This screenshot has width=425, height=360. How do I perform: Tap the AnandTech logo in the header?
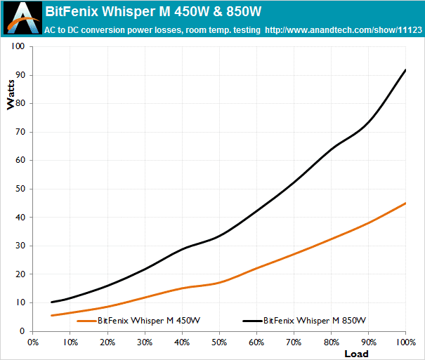(x=20, y=18)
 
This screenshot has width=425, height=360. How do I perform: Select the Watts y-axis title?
(x=10, y=98)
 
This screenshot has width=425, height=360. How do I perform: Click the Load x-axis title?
(x=355, y=353)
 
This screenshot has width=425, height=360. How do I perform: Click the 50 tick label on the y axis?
(x=20, y=189)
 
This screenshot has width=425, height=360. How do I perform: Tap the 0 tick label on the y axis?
(x=22, y=331)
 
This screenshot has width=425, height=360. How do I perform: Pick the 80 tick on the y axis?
(x=20, y=103)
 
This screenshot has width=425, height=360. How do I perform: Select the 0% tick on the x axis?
(x=33, y=342)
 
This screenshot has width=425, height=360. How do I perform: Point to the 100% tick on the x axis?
(x=405, y=342)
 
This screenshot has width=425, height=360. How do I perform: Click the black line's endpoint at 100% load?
(x=406, y=69)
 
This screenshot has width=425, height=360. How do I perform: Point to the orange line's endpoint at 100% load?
(x=406, y=203)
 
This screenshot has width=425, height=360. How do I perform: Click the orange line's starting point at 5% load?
(x=52, y=315)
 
